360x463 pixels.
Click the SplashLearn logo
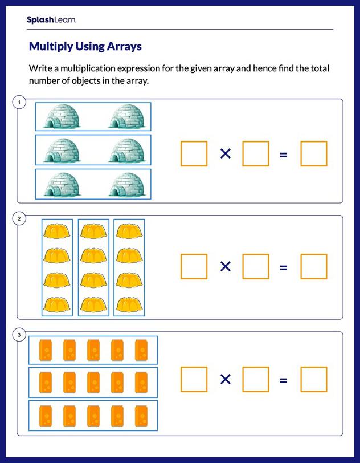pyautogui.click(x=51, y=20)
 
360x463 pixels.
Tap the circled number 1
pyautogui.click(x=19, y=103)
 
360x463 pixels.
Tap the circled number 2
pyautogui.click(x=19, y=219)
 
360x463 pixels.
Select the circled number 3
pyautogui.click(x=19, y=335)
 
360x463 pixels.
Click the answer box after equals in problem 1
pyautogui.click(x=313, y=153)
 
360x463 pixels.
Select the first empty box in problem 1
pyautogui.click(x=194, y=153)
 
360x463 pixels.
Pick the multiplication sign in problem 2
pyautogui.click(x=226, y=266)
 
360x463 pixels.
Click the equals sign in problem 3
pyautogui.click(x=283, y=380)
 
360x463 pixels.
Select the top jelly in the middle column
pyautogui.click(x=93, y=231)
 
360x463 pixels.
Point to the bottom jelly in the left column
pyautogui.click(x=56, y=304)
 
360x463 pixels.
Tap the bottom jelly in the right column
pyautogui.click(x=129, y=304)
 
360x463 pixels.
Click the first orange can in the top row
pyautogui.click(x=45, y=350)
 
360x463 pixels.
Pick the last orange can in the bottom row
pyautogui.click(x=142, y=415)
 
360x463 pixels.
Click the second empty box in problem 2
pyautogui.click(x=255, y=266)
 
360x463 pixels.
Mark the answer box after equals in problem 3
pyautogui.click(x=313, y=380)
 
